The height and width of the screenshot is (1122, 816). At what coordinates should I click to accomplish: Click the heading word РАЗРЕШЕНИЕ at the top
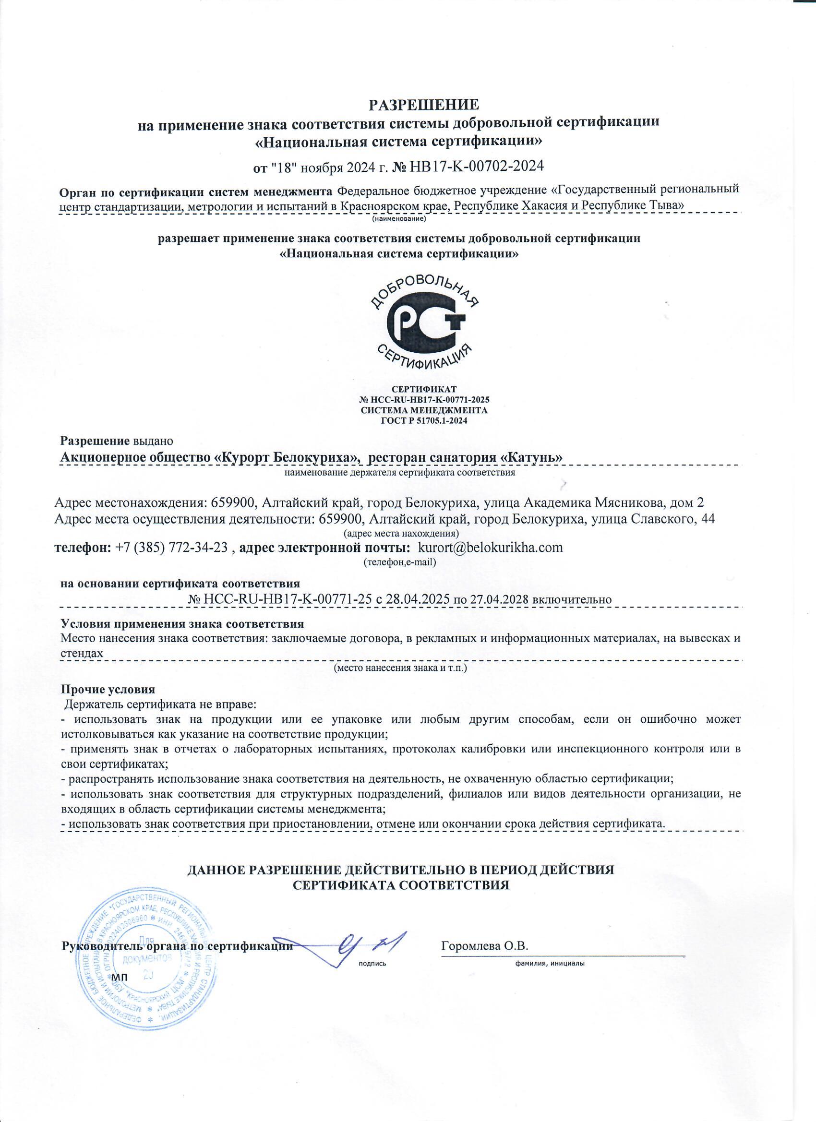click(425, 105)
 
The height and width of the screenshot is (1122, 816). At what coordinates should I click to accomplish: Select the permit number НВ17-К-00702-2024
click(477, 166)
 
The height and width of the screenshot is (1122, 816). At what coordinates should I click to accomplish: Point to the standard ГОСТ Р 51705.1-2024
click(424, 420)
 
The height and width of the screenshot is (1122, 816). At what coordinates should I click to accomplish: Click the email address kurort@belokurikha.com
click(491, 548)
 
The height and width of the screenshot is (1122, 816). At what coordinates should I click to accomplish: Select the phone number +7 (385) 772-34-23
click(171, 548)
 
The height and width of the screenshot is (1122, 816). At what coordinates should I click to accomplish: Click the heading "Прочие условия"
click(108, 690)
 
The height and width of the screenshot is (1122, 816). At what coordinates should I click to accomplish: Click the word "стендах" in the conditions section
click(82, 653)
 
